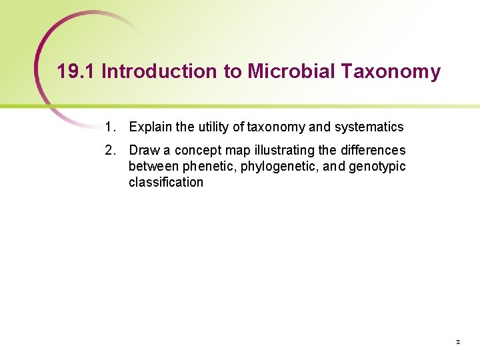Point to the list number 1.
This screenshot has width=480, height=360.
coord(109,127)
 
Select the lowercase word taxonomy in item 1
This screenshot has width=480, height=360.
coord(276,127)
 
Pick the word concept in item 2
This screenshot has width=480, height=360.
coord(197,150)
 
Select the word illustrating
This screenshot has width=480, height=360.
coord(283,150)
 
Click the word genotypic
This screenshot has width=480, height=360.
coord(377,166)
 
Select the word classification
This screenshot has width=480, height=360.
coord(166,182)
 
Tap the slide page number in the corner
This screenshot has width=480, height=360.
coord(458,342)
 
